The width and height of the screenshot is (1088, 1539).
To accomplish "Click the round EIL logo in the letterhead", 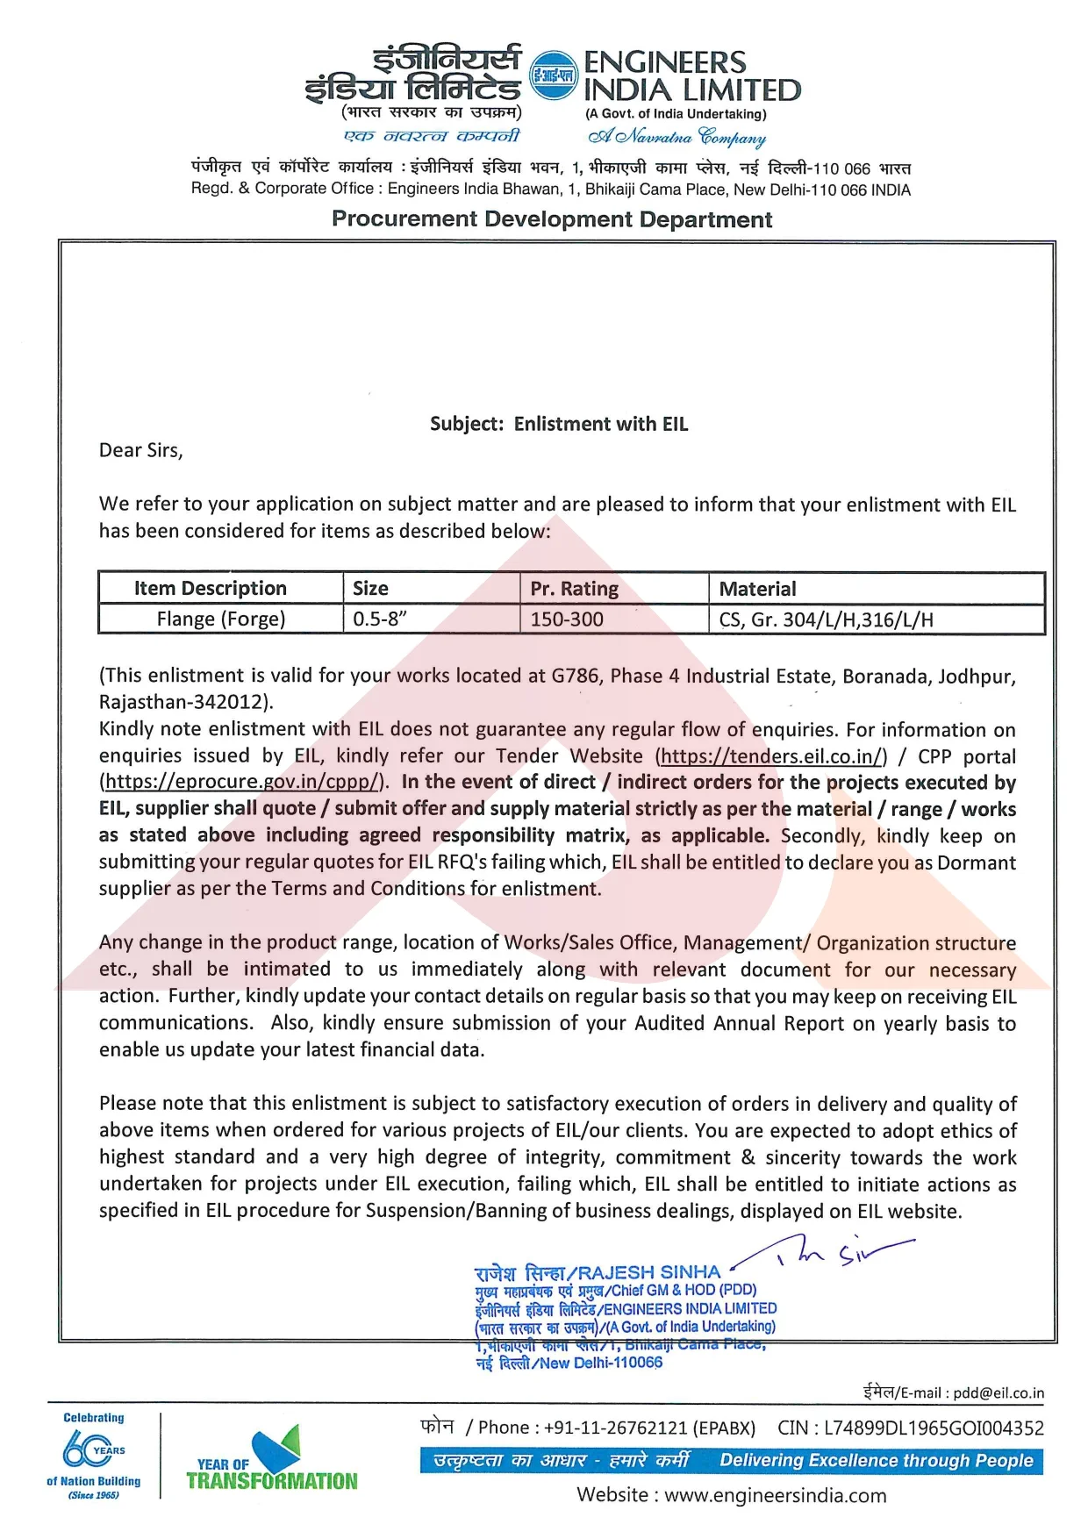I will (x=555, y=75).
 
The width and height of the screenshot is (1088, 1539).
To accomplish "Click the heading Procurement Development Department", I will (x=552, y=219).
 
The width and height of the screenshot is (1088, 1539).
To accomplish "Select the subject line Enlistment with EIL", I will (x=559, y=424).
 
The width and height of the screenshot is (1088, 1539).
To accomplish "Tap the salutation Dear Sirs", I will (x=140, y=450).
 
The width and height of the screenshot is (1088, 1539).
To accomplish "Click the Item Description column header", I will (x=210, y=588).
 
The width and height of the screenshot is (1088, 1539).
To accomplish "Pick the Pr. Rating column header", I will (x=574, y=589).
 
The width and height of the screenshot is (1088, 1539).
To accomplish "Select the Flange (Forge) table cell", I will (x=221, y=619).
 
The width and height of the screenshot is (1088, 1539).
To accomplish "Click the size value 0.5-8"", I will (x=380, y=619).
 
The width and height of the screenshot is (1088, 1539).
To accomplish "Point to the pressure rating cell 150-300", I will (x=567, y=619).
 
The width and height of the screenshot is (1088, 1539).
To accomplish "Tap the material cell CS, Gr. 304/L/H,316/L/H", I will (x=826, y=619).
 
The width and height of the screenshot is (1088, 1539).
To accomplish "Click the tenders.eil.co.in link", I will (x=771, y=756).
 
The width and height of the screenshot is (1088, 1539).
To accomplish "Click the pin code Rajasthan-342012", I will (x=185, y=702).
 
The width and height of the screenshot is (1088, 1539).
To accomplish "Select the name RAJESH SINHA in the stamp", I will (x=648, y=1272).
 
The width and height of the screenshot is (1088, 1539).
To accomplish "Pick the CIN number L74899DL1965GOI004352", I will (x=934, y=1428).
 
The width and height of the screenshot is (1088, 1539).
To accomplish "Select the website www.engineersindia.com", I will (x=775, y=1495).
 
